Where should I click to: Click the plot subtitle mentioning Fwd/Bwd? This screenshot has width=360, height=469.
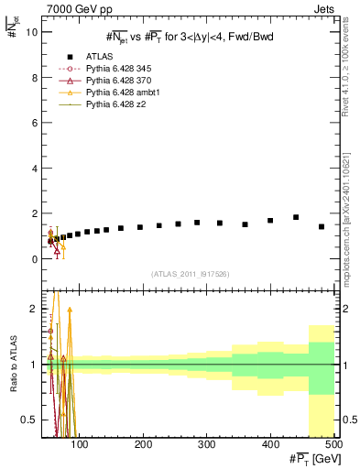click(x=189, y=36)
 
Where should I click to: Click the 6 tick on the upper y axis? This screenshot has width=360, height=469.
click(x=34, y=123)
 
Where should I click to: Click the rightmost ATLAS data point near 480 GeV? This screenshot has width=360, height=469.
click(x=322, y=226)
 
